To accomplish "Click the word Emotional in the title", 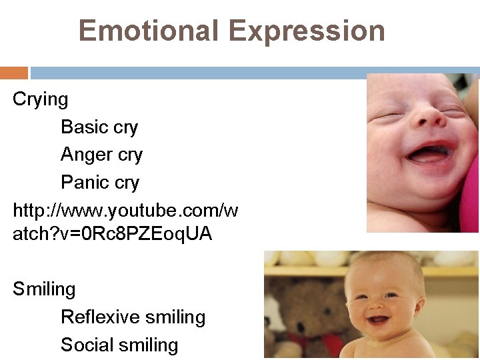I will point(149,31).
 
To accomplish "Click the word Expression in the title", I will point(307,31).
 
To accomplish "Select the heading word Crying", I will point(41,99).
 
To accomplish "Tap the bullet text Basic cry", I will point(99,127).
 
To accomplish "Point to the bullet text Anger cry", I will point(101,155).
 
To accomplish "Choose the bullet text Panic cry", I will point(100,182).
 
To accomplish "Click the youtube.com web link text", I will point(125,211).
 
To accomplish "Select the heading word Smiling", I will point(44,289).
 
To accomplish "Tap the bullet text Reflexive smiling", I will point(133,317).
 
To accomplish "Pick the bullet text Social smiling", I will point(119,345).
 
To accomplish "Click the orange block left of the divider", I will point(14,73).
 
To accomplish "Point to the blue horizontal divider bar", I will point(253,73).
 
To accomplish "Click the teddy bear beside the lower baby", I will point(307,307).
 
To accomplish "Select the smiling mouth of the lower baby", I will point(379,321).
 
